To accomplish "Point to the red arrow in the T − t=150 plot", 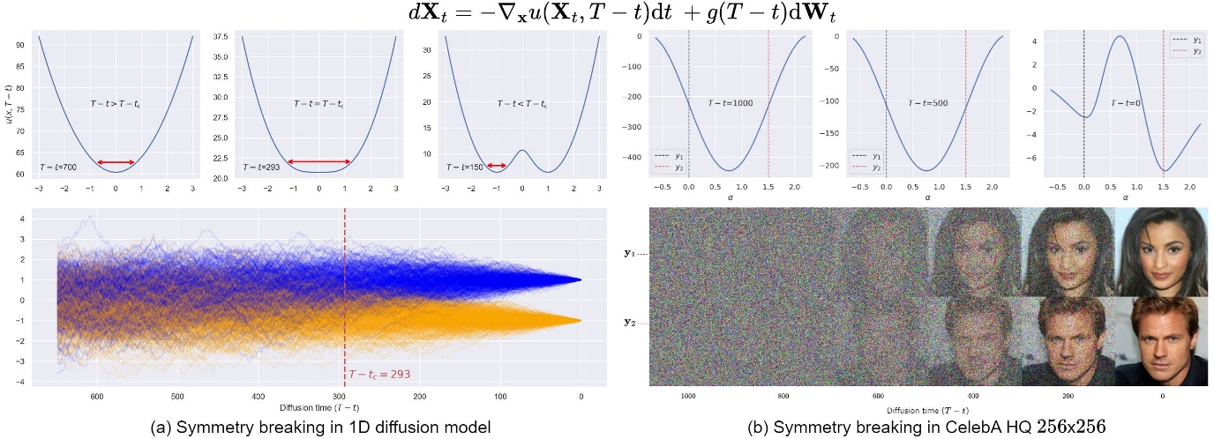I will [497, 166].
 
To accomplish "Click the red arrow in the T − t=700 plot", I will [116, 162].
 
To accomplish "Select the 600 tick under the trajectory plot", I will [97, 397].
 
